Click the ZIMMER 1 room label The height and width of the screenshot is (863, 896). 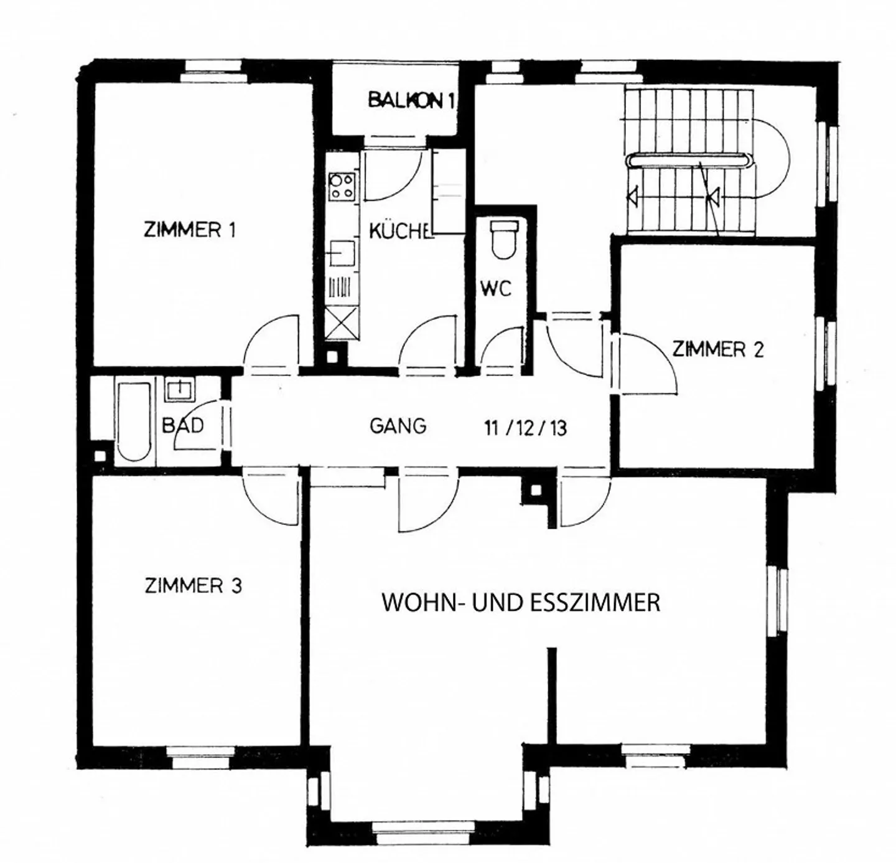click(x=190, y=230)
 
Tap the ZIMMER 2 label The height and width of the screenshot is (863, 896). click(x=718, y=349)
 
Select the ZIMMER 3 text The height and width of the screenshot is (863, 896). click(x=193, y=586)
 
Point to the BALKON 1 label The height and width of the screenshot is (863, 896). click(x=411, y=100)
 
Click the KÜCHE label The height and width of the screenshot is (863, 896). click(x=399, y=231)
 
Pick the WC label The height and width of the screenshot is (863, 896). click(x=496, y=289)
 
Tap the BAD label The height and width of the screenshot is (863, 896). click(x=183, y=425)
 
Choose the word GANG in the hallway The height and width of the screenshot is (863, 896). click(x=398, y=426)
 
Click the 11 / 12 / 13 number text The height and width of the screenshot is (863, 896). click(x=525, y=428)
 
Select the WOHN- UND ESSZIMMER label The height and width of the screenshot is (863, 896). click(x=521, y=602)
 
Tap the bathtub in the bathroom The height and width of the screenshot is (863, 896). click(x=134, y=422)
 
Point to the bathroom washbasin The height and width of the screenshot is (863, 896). click(x=180, y=391)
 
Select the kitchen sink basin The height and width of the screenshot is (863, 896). click(x=342, y=253)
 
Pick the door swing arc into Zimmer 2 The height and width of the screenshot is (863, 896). click(x=661, y=355)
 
